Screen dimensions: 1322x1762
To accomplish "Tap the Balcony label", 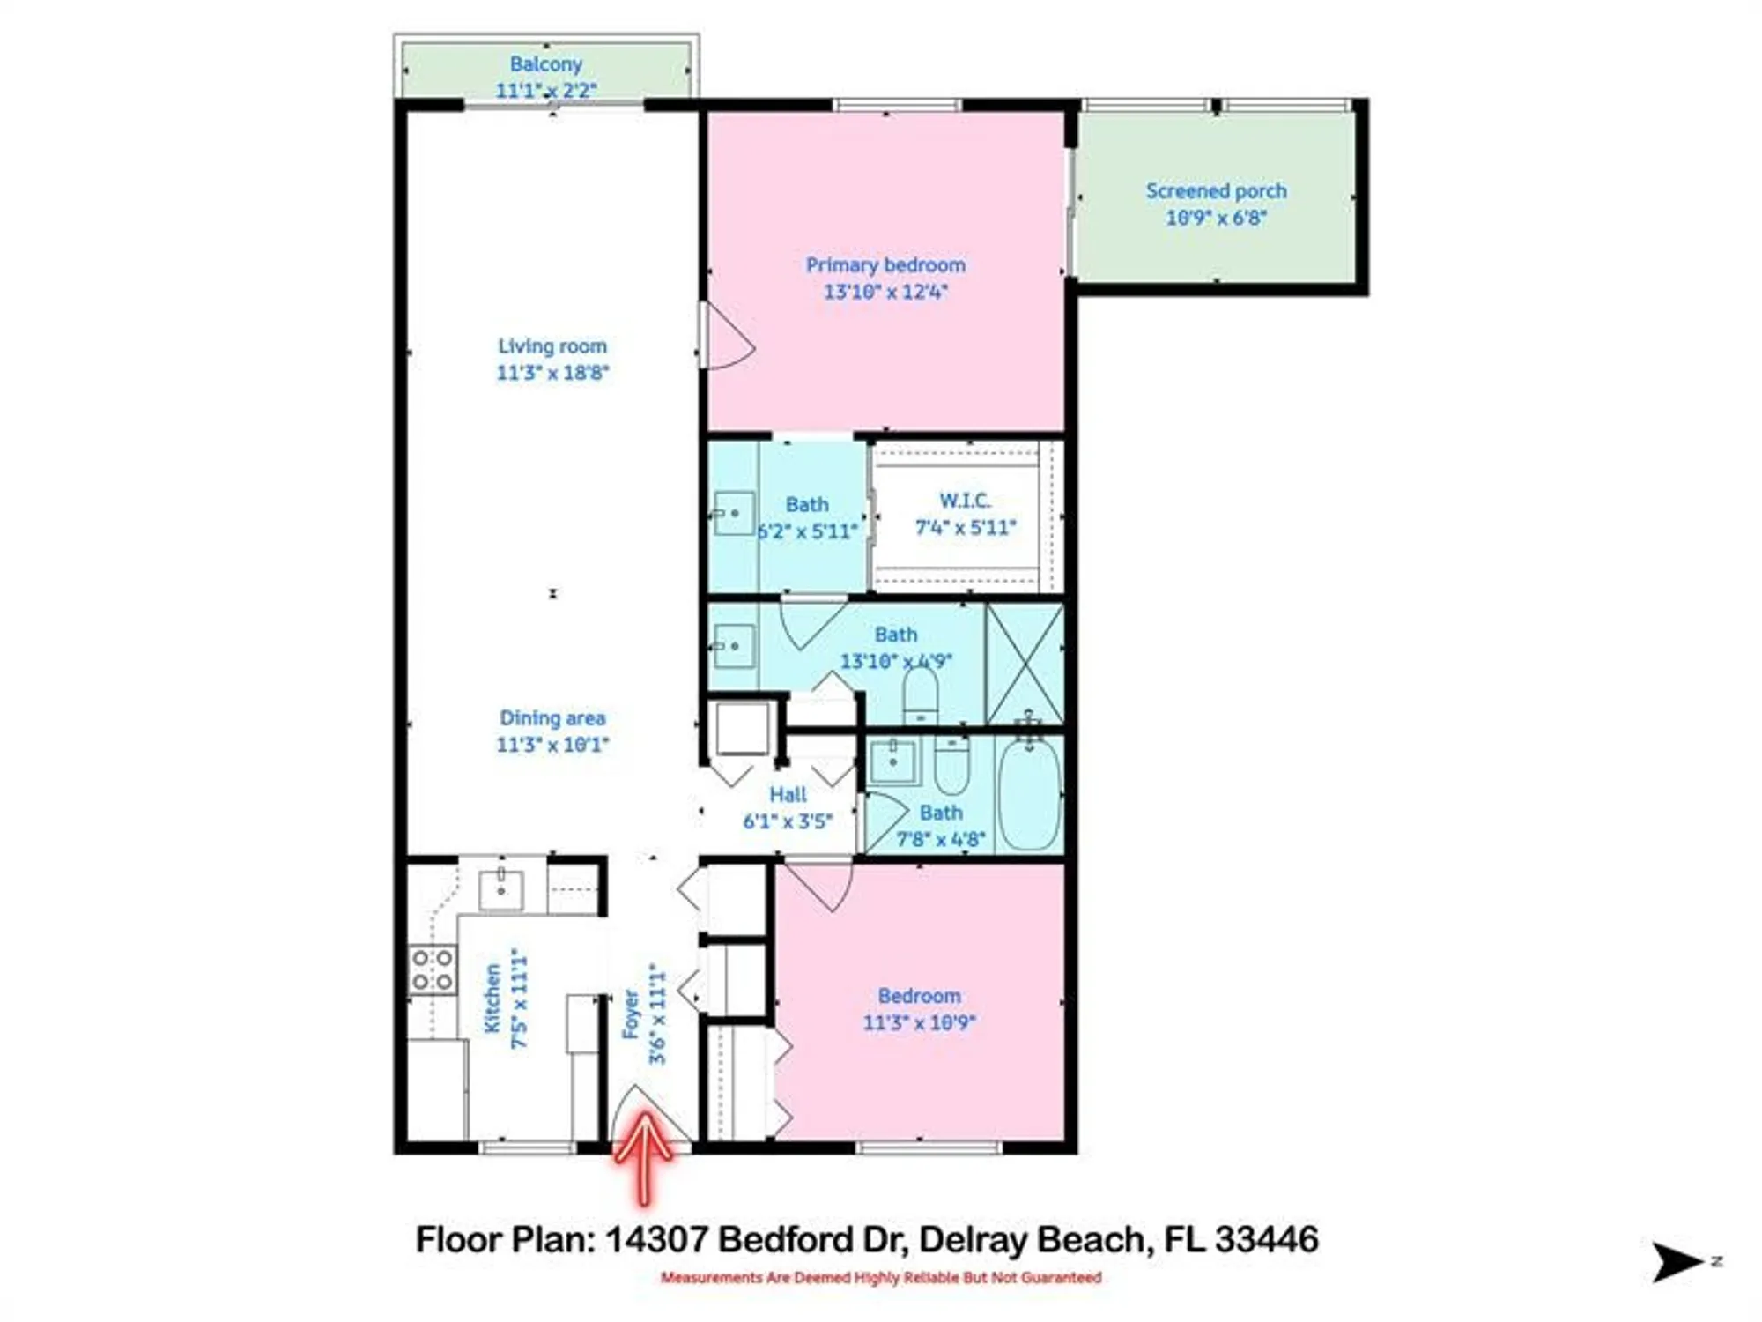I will (546, 64).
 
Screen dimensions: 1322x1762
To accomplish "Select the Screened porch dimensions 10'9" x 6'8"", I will (1216, 218).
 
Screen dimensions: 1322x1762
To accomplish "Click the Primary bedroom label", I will (885, 265).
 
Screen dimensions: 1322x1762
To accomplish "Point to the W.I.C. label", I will (965, 501).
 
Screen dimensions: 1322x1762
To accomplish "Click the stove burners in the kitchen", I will (433, 969).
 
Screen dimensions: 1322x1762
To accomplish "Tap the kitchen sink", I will (500, 889).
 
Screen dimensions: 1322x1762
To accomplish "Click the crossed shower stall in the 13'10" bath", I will (1025, 663).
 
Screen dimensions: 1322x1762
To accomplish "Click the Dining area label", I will (552, 718).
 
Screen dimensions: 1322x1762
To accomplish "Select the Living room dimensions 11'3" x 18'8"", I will (552, 373).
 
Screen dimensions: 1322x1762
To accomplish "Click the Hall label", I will (788, 794).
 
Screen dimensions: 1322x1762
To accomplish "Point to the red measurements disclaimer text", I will (881, 1278).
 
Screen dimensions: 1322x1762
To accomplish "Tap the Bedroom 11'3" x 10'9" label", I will (919, 996).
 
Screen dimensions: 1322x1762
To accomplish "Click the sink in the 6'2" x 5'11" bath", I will (734, 513).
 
